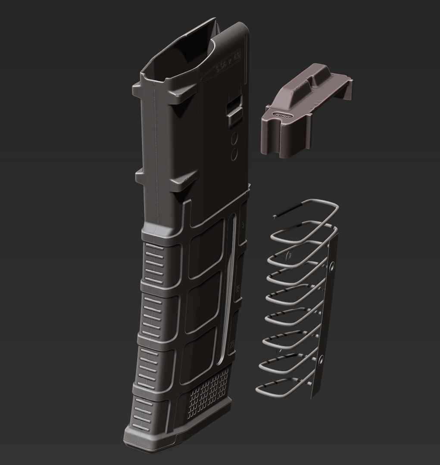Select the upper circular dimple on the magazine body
click(x=235, y=138)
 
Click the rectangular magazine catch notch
click(x=234, y=108)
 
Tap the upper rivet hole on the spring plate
click(x=332, y=268)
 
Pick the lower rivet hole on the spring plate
click(x=321, y=360)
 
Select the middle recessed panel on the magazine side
click(x=203, y=301)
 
